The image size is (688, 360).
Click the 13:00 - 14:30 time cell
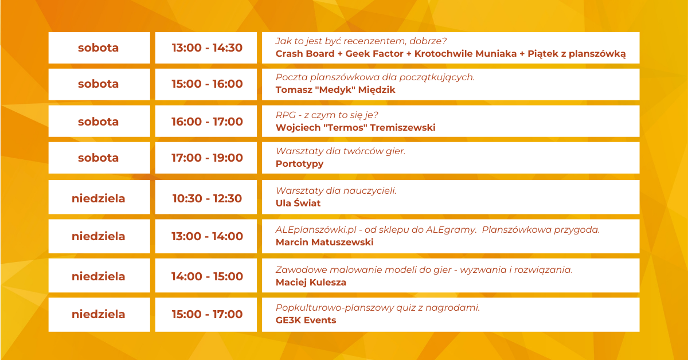coord(206,48)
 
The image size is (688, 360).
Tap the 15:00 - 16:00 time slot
coord(206,84)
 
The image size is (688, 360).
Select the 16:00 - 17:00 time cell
coord(206,122)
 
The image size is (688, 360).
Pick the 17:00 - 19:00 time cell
coord(206,158)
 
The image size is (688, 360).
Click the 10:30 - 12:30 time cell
coord(206,197)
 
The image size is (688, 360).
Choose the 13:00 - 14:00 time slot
coord(206,236)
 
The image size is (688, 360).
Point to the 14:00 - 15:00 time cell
coord(206,276)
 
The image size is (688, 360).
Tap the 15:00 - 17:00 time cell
coord(206,315)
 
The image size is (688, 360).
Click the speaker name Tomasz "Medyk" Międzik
coord(335,90)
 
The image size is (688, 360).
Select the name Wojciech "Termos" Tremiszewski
coord(355,127)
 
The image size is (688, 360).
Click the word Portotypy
coord(299,164)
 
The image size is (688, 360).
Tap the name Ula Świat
coord(298,203)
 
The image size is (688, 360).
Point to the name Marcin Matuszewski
coord(325,242)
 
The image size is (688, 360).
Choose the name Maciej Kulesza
coord(311,282)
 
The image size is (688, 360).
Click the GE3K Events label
coord(306,320)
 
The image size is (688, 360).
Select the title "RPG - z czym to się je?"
coord(327,115)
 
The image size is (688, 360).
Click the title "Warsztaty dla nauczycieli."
coord(336,191)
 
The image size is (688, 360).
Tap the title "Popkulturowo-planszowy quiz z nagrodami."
coord(378,308)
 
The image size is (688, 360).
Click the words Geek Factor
coord(374,54)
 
